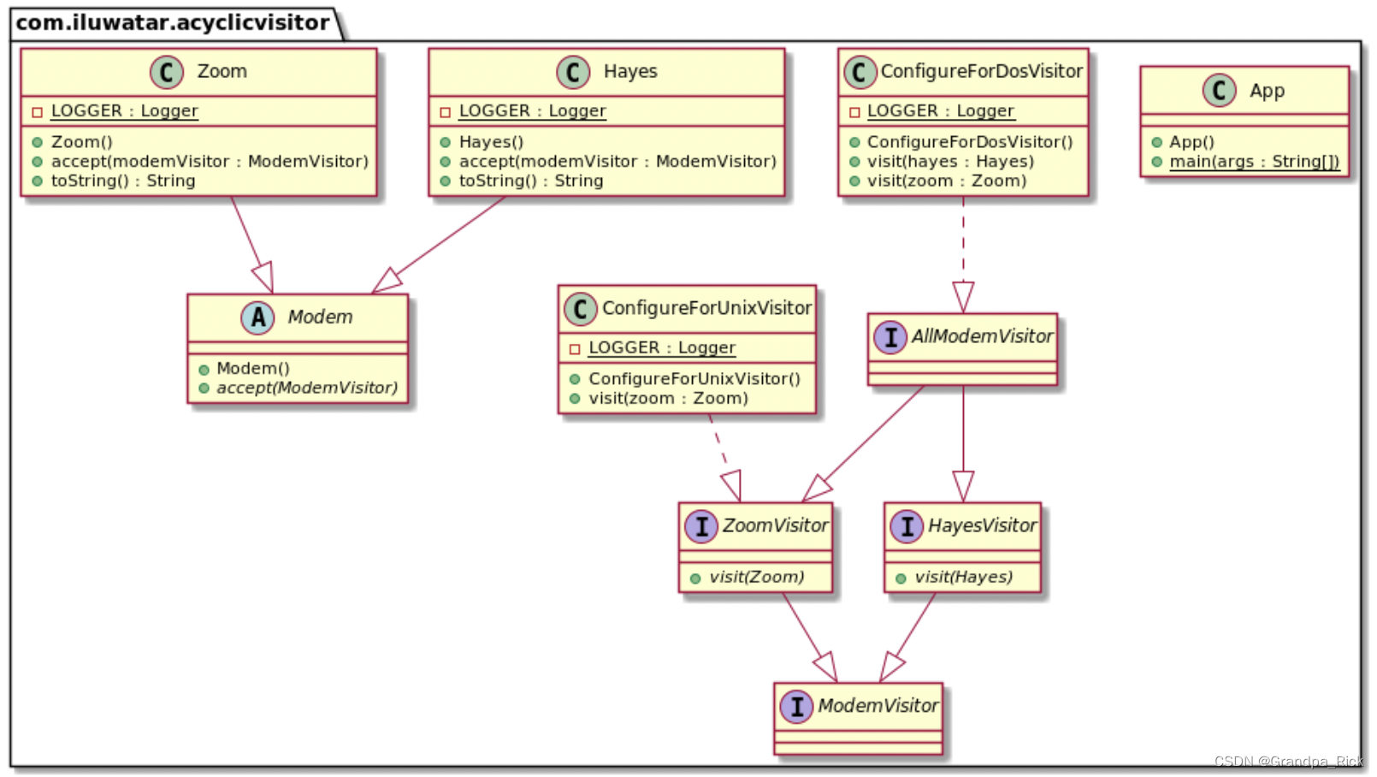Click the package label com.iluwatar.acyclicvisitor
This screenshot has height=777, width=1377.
[x=173, y=22]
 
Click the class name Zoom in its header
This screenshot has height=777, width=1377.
[x=222, y=72]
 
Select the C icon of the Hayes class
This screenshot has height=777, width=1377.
[x=573, y=72]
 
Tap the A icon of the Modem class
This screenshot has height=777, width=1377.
[x=257, y=317]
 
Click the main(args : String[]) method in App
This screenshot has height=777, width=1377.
[x=1254, y=162]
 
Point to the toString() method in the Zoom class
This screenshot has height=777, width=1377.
[x=122, y=181]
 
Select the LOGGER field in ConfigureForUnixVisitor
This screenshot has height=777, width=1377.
[x=661, y=348]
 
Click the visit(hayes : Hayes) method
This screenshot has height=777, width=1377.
[x=949, y=162]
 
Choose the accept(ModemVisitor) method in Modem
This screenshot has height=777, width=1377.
[x=306, y=388]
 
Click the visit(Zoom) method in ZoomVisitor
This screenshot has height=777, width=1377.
[x=756, y=578]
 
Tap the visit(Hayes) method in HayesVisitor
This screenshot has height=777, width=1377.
[x=963, y=578]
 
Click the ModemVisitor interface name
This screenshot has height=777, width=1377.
[x=878, y=706]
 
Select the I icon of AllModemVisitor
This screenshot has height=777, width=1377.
[x=890, y=337]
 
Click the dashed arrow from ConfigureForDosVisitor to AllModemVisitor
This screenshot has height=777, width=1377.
[x=963, y=248]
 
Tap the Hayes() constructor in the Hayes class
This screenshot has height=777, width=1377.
[x=491, y=142]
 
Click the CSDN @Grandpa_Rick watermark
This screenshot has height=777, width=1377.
[x=1288, y=762]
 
